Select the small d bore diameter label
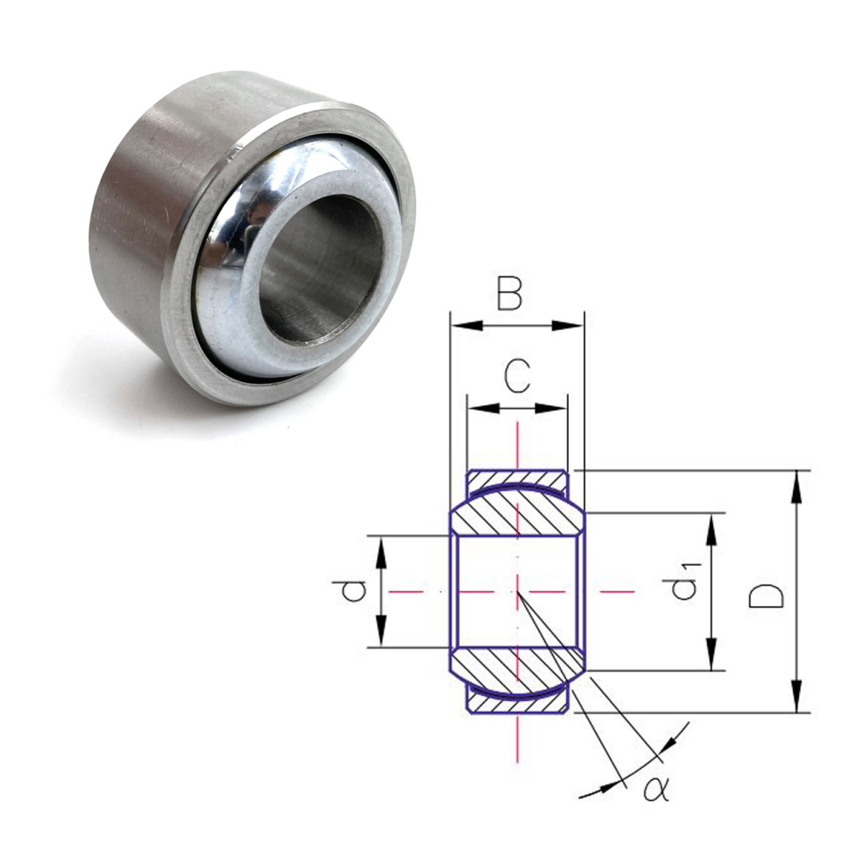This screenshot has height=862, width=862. pos(353,591)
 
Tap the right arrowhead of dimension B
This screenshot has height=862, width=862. pos(568,325)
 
